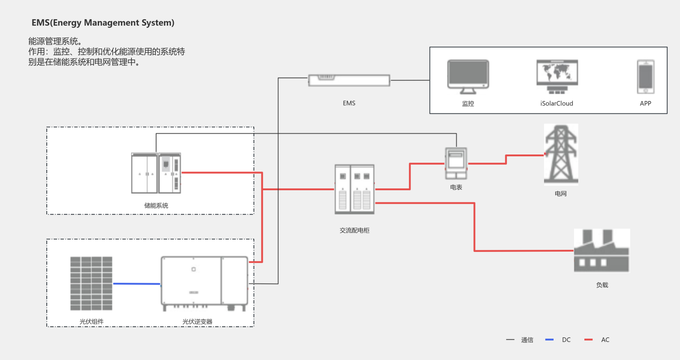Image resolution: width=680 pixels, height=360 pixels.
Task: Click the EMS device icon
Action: click(x=349, y=80)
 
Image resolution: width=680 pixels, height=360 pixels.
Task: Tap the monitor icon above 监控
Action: click(x=468, y=76)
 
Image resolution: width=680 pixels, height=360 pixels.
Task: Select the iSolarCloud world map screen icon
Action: click(x=557, y=76)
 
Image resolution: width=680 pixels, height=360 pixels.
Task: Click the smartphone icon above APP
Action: click(x=646, y=77)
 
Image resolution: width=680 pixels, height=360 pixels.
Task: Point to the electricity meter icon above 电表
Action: click(x=456, y=163)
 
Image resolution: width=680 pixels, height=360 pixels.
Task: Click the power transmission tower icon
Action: click(x=561, y=154)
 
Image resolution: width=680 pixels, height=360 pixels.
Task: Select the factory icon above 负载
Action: click(x=601, y=251)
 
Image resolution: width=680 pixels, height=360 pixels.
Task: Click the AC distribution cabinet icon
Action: click(x=355, y=189)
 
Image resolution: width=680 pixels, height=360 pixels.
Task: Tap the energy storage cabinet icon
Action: click(x=156, y=173)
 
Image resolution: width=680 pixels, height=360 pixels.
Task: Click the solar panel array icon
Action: click(x=91, y=283)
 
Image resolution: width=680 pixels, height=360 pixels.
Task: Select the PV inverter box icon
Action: click(x=204, y=283)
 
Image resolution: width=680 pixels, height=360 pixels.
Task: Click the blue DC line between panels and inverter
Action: click(x=137, y=284)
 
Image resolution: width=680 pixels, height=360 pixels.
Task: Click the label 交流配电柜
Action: click(x=355, y=230)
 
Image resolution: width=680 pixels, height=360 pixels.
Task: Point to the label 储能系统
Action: click(x=156, y=206)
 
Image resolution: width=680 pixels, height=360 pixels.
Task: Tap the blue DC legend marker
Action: click(x=549, y=340)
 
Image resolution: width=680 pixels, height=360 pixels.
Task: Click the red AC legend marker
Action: click(x=589, y=340)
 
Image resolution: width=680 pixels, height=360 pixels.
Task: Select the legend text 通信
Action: click(x=527, y=340)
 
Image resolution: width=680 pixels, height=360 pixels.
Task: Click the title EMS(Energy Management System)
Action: click(x=103, y=23)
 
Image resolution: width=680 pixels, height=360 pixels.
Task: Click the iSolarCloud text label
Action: click(x=556, y=103)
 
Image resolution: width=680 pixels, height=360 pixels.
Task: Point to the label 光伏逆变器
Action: click(x=197, y=322)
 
